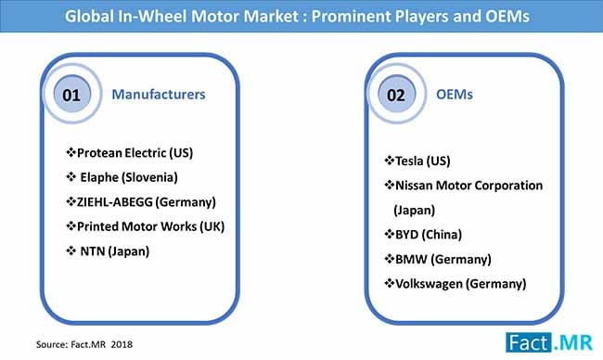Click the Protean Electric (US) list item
tap(135, 151)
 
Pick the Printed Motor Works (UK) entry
tap(145, 225)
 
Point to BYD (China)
tap(426, 234)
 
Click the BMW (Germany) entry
tap(438, 258)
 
